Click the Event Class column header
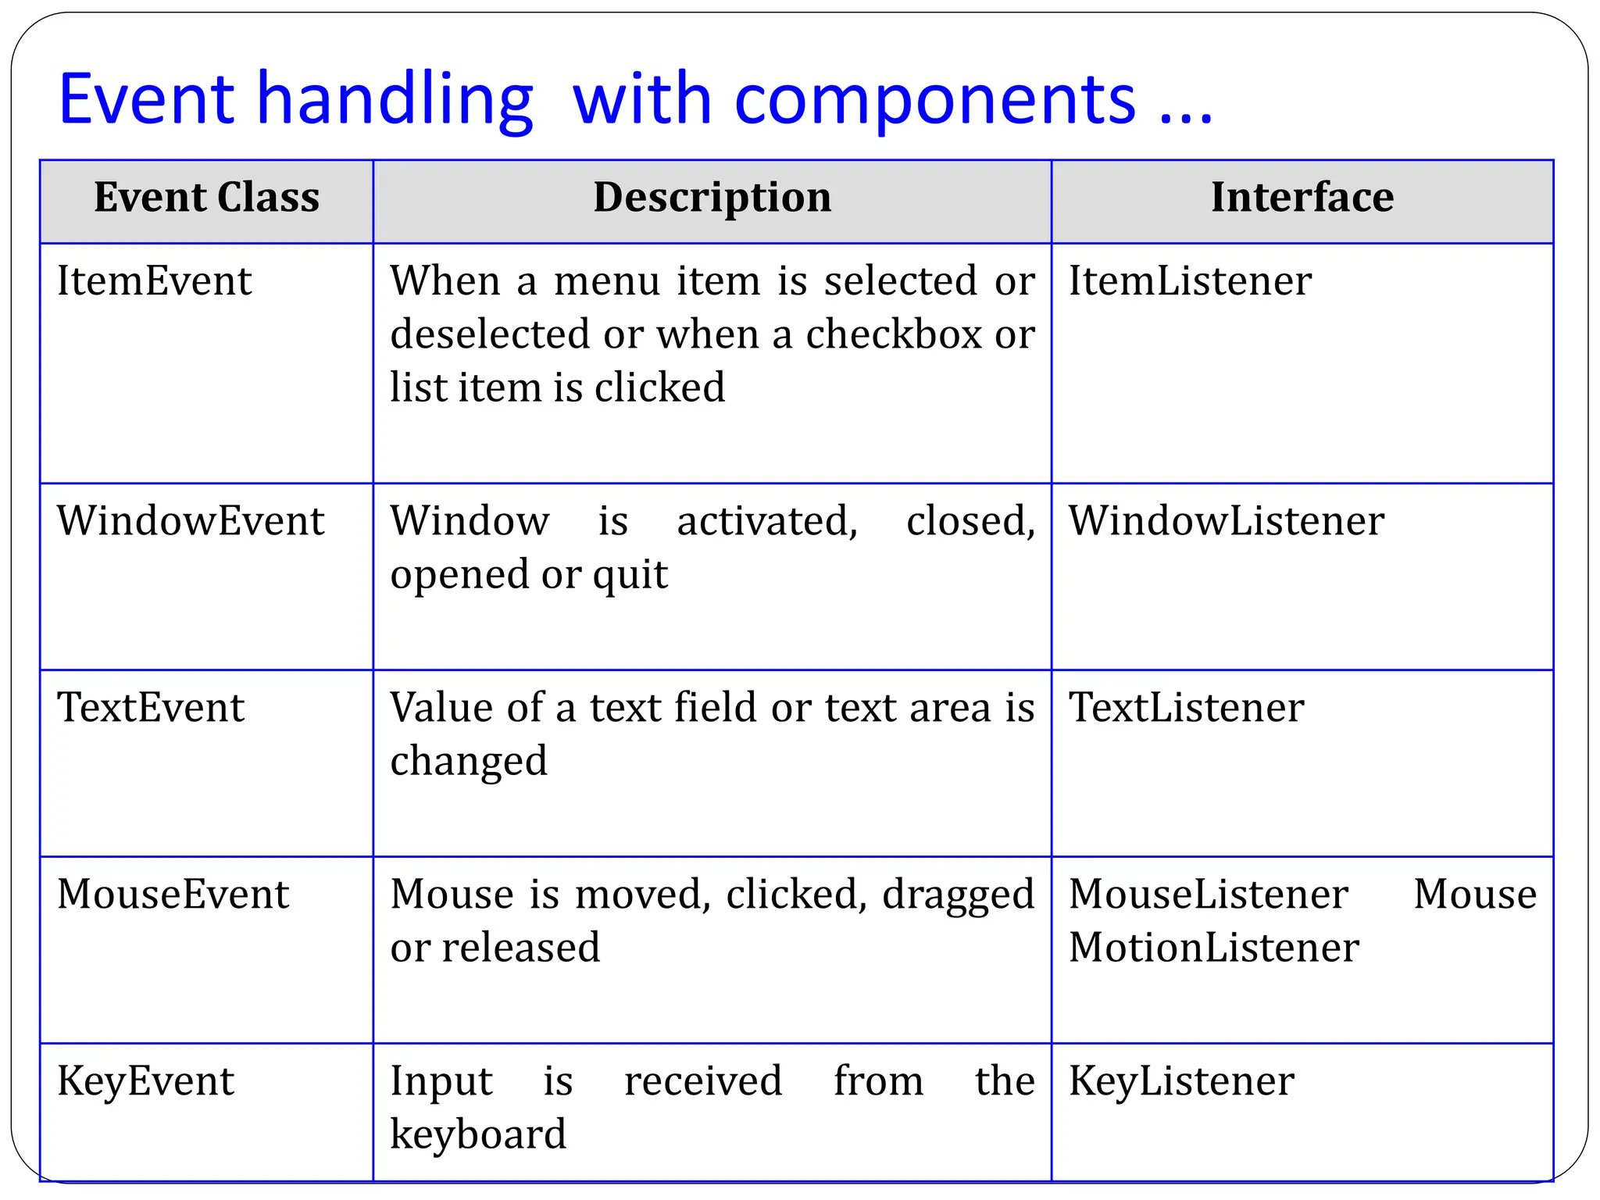pyautogui.click(x=206, y=198)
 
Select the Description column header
pyautogui.click(x=712, y=198)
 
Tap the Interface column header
pyautogui.click(x=1302, y=198)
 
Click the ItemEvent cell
pyautogui.click(x=155, y=281)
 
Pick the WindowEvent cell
pyautogui.click(x=191, y=521)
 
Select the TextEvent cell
pyautogui.click(x=151, y=708)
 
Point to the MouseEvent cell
pyautogui.click(x=173, y=895)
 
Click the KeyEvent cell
pyautogui.click(x=145, y=1081)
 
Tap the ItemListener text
pyautogui.click(x=1190, y=281)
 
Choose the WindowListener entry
pyautogui.click(x=1226, y=521)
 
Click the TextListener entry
pyautogui.click(x=1186, y=708)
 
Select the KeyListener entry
pyautogui.click(x=1181, y=1081)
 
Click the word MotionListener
pyautogui.click(x=1213, y=948)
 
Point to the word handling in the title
pyautogui.click(x=395, y=100)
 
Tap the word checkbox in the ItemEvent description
pyautogui.click(x=893, y=335)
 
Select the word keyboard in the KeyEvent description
pyautogui.click(x=478, y=1134)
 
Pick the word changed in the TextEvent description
pyautogui.click(x=469, y=762)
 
